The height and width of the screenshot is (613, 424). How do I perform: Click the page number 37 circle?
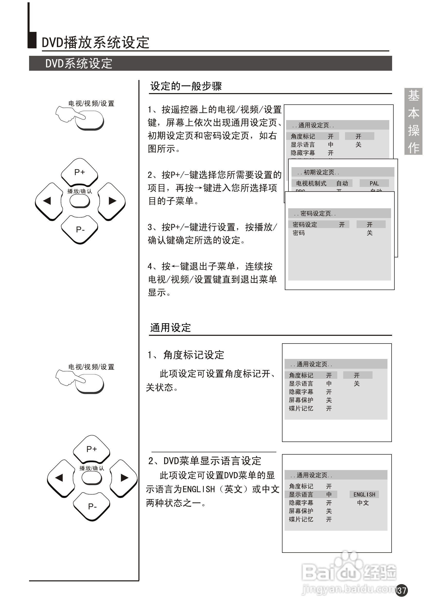coord(402,590)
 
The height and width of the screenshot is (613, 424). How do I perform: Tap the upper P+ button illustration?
coord(79,172)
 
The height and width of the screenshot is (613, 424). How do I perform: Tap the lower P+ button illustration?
coord(91,449)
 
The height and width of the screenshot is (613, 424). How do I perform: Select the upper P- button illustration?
coord(80,229)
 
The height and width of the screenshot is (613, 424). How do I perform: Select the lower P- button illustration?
coord(92,507)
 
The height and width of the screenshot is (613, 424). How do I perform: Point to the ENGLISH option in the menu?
coord(364,494)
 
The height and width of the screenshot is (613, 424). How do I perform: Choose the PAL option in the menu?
coord(374,183)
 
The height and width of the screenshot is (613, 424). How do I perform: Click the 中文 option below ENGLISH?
coord(363,502)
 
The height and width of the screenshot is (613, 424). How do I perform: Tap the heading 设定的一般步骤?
coord(186,86)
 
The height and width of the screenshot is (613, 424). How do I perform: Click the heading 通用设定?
coord(170,328)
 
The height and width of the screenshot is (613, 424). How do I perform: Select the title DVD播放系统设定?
coord(96,42)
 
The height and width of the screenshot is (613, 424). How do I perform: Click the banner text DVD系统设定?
coord(79,64)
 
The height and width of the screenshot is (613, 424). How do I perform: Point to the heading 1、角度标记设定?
coord(186,355)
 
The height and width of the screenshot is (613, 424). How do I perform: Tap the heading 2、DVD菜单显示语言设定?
coord(205,461)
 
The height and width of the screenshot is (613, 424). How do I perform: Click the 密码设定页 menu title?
coord(315,213)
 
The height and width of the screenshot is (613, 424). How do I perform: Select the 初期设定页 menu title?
coord(318,172)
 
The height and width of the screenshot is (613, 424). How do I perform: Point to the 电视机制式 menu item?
coord(311,183)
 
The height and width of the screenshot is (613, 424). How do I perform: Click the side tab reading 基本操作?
coord(413,121)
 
